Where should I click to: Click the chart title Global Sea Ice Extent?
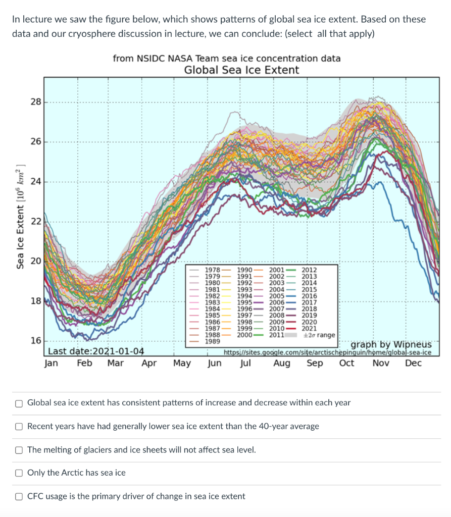pos(241,70)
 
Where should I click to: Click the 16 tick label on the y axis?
pos(35,341)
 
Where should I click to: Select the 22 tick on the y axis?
pos(35,221)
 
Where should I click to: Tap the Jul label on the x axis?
pos(246,363)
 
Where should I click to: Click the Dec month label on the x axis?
pos(413,363)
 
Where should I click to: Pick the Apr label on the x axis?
pos(149,363)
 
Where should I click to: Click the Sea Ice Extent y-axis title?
pos(21,216)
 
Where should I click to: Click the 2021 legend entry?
pos(309,328)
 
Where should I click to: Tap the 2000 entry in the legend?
pos(245,335)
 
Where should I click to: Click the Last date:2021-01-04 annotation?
pos(96,351)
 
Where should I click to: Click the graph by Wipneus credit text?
pos(391,344)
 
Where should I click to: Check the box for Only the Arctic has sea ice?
pos(19,473)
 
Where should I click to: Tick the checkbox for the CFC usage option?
pos(19,496)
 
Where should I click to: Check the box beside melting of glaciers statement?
pos(19,450)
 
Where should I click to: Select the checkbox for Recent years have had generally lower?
pos(19,427)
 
